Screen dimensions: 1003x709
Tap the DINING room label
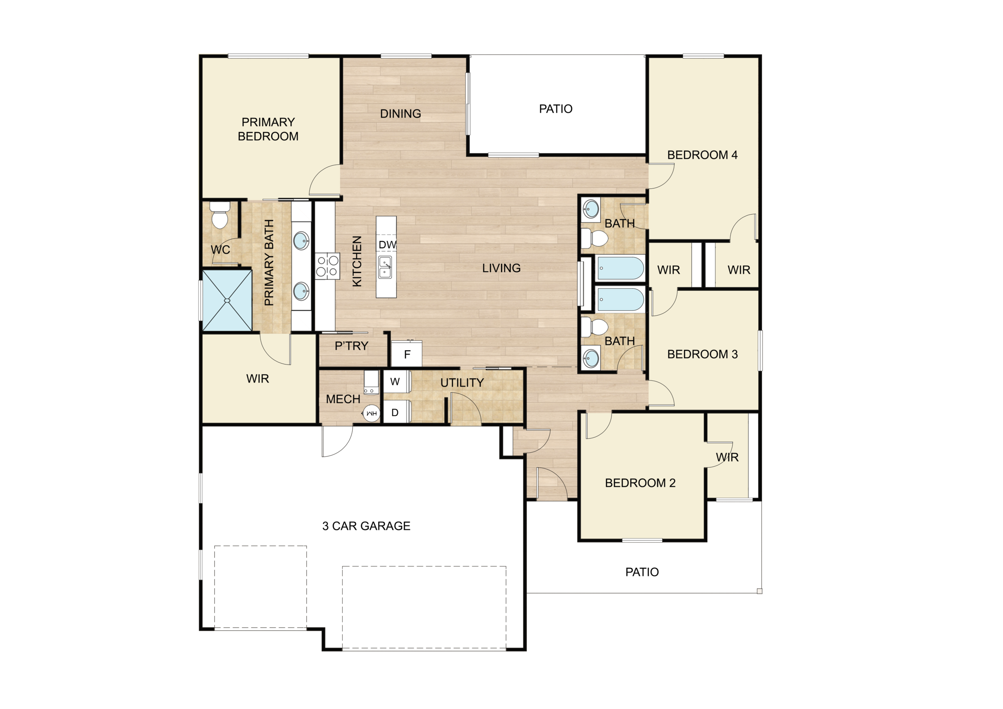(x=400, y=114)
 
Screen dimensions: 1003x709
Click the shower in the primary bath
(x=227, y=300)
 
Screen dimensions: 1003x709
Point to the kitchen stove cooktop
(x=328, y=266)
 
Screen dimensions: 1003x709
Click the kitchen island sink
(x=385, y=267)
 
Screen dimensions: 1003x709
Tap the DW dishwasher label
(x=387, y=245)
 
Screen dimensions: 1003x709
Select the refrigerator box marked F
(x=407, y=354)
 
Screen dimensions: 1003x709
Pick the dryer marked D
(x=396, y=413)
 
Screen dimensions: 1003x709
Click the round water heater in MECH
(x=372, y=413)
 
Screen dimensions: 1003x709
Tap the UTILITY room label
(x=462, y=383)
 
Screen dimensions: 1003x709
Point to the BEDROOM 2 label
(x=640, y=483)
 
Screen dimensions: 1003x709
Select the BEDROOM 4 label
(x=702, y=155)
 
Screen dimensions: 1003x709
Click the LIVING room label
(x=501, y=268)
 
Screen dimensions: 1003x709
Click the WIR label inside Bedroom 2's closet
(x=727, y=457)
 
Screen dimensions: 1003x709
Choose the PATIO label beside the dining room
(x=556, y=109)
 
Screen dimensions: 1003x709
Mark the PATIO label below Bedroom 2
(x=642, y=572)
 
